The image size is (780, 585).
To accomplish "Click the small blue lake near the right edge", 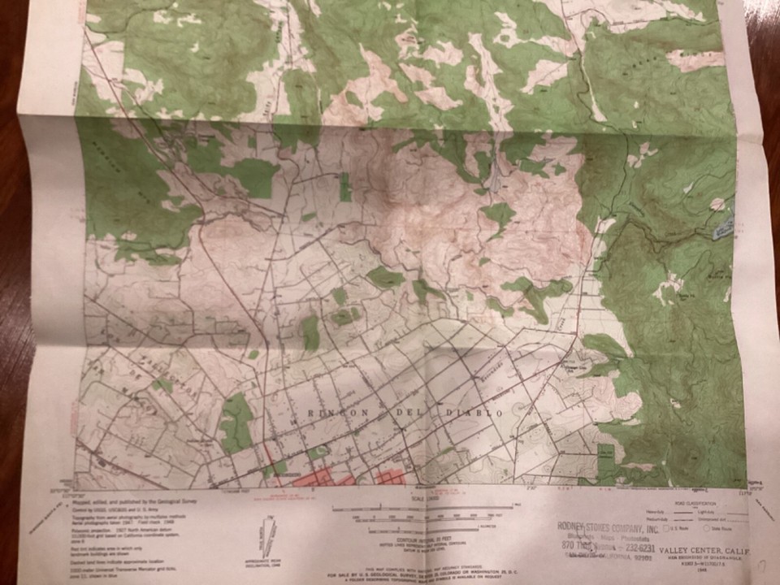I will point(722,232).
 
